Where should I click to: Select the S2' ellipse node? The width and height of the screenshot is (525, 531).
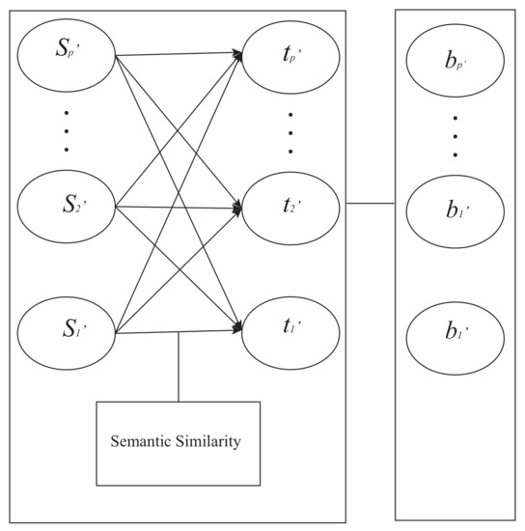67,205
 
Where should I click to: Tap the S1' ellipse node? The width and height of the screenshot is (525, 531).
67,333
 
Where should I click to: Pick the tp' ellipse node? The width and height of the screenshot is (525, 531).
290,52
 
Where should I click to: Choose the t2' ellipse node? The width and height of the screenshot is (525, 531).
290,205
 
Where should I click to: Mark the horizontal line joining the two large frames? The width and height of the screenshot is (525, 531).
371,204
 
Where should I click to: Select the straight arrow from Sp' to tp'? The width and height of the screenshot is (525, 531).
179,53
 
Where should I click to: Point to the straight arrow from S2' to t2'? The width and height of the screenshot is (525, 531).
179,206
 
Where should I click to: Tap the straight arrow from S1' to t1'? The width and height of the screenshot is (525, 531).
179,332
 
